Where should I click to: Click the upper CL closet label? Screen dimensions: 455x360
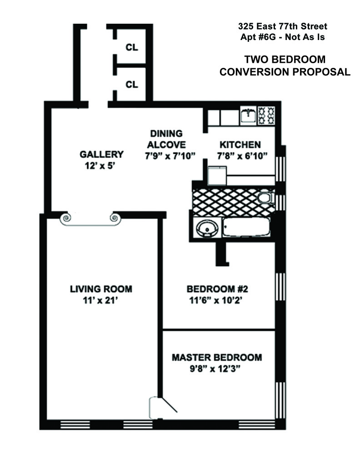(x=132, y=47)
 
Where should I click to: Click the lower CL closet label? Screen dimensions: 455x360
(x=132, y=84)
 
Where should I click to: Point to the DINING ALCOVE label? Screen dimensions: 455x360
(x=167, y=139)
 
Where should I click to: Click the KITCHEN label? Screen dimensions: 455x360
(x=240, y=145)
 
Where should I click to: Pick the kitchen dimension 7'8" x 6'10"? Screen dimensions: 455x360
(x=241, y=157)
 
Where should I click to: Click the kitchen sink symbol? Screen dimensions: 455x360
(x=248, y=116)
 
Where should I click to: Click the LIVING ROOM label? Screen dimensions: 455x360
(x=101, y=288)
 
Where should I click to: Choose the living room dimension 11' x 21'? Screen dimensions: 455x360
(x=101, y=300)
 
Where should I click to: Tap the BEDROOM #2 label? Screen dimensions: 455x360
(x=217, y=288)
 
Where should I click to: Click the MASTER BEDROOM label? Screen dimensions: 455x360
(x=216, y=357)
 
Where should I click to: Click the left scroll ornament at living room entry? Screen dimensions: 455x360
(x=66, y=218)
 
